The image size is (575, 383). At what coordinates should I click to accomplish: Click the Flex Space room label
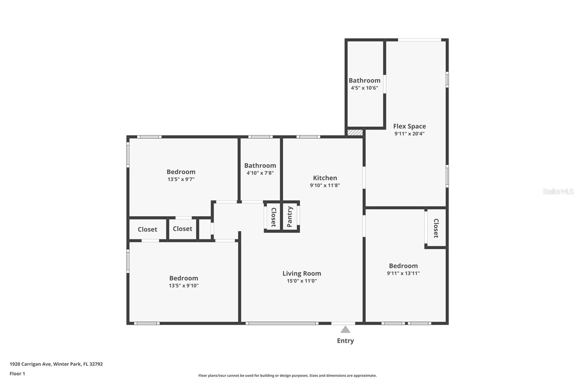tap(409, 126)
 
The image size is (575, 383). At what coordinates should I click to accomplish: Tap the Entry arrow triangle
tap(345, 329)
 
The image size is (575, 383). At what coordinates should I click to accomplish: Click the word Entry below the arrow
tap(345, 341)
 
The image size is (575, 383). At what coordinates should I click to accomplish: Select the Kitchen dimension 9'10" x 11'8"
tap(325, 185)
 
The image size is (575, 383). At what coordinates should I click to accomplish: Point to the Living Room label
tap(302, 273)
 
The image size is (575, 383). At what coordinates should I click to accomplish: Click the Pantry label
tap(290, 217)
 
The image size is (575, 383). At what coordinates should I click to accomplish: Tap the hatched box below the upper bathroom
tap(355, 133)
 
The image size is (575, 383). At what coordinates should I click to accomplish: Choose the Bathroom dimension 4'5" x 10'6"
tap(364, 88)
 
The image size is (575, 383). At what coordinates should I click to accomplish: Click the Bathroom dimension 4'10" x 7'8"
tap(260, 173)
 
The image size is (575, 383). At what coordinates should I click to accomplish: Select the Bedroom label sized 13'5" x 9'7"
tap(181, 172)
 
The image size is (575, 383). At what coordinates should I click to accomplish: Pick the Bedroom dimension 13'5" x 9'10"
tap(184, 286)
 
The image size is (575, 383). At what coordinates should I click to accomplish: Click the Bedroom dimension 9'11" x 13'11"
tap(403, 273)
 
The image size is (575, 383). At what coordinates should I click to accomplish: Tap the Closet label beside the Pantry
tap(273, 217)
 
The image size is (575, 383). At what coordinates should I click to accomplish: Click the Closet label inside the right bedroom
tap(436, 228)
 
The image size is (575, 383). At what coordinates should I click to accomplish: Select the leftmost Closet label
tap(147, 229)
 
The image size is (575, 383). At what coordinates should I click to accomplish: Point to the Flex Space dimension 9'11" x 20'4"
tap(409, 134)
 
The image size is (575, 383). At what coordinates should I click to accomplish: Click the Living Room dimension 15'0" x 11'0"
tap(302, 281)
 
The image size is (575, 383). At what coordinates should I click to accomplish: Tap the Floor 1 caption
tap(17, 374)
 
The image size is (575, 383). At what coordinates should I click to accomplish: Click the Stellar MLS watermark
tap(558, 191)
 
